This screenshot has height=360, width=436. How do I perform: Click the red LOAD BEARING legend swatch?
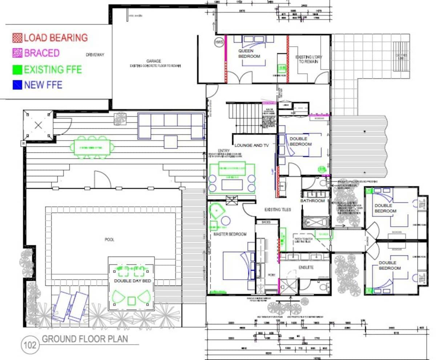tap(17, 38)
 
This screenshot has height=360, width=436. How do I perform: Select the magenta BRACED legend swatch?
tap(17, 53)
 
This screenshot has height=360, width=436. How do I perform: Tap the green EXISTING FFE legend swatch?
tap(17, 69)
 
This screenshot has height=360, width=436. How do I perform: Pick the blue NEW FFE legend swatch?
tap(17, 85)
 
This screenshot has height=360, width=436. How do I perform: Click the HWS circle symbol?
tap(218, 42)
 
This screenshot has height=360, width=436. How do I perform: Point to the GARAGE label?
tap(154, 61)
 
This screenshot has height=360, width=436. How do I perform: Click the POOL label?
tap(109, 240)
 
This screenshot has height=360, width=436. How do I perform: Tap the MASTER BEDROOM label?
tap(230, 234)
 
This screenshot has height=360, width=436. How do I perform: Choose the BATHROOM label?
tap(312, 201)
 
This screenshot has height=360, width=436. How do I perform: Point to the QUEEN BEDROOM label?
tap(249, 54)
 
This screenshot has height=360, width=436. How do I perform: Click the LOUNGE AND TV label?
tap(251, 145)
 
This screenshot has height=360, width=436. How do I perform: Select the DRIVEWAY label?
tap(95, 55)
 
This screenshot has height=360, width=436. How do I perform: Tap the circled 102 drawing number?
tap(30, 344)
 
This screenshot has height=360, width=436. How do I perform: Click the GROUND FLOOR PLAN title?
tap(85, 339)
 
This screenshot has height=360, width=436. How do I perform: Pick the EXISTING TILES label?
tap(278, 210)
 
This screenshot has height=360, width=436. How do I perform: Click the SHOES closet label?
tap(266, 222)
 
